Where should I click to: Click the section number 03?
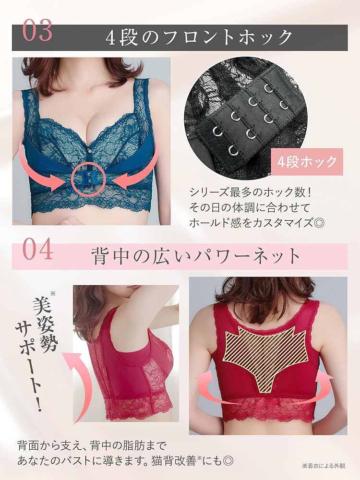pos(36,32)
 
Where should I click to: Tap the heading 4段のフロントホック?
pos(199,37)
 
